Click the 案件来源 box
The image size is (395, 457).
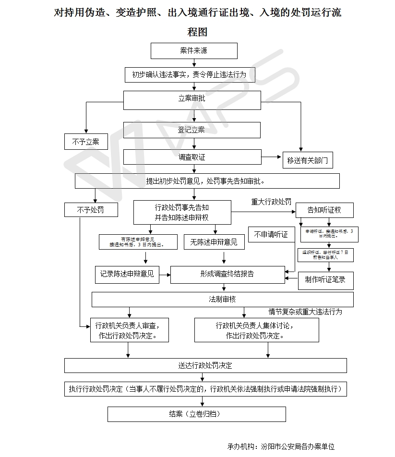pyautogui.click(x=194, y=51)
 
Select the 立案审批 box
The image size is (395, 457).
pyautogui.click(x=192, y=99)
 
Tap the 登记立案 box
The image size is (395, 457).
pyautogui.click(x=192, y=130)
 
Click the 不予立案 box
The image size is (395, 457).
pyautogui.click(x=86, y=142)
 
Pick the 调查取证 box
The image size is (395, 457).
pyautogui.click(x=192, y=157)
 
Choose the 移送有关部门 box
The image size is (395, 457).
pyautogui.click(x=308, y=160)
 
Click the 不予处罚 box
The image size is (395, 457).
pyautogui.click(x=90, y=210)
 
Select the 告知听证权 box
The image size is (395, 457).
pyautogui.click(x=324, y=210)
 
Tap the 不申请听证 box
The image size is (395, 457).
pyautogui.click(x=271, y=235)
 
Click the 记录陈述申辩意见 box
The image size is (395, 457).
pyautogui.click(x=127, y=274)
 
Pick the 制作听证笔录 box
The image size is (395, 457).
pyautogui.click(x=325, y=279)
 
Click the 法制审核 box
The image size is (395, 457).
pyautogui.click(x=223, y=300)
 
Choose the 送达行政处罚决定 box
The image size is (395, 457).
pyautogui.click(x=205, y=365)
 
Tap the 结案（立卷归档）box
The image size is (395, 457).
pyautogui.click(x=196, y=414)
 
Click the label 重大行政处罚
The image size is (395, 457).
pyautogui.click(x=271, y=202)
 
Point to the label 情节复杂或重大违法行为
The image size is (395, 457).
pyautogui.click(x=305, y=312)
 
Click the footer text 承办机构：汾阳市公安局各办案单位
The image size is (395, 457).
pyautogui.click(x=281, y=446)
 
